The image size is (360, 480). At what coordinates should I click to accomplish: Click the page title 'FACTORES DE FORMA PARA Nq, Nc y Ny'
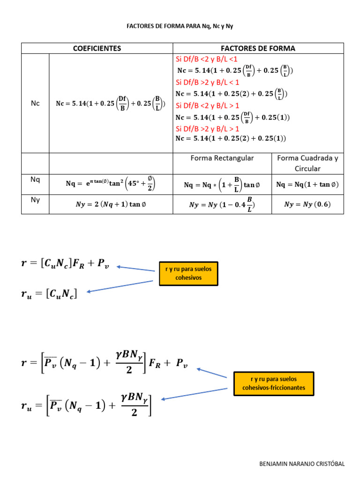pos(180,26)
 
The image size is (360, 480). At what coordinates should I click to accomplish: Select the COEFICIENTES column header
pos(97,48)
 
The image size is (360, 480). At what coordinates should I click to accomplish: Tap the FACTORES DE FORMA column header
pos(258,48)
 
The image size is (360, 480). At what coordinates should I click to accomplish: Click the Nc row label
pos(35,103)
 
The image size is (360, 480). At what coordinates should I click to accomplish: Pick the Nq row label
pos(35,179)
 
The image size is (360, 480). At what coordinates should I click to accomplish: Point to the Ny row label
pos(35,200)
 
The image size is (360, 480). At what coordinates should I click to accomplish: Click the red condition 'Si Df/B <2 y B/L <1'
pos(207,59)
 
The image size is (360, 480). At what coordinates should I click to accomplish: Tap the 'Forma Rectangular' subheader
pos(222,158)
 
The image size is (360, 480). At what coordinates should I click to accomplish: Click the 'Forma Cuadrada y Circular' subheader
pos(307,163)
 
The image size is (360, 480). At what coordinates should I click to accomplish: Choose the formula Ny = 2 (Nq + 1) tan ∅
pos(111,204)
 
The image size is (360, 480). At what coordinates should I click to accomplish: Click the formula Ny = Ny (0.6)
pos(307,204)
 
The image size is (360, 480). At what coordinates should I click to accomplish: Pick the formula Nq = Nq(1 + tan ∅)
pos(307,185)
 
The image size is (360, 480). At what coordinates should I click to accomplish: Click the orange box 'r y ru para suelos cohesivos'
pos(188,274)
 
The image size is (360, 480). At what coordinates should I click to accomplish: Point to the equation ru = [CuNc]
pos(49,293)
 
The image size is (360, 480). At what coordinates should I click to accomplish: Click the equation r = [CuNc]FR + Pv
pos(68,264)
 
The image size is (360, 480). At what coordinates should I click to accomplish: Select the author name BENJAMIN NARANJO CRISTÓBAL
pos(302,464)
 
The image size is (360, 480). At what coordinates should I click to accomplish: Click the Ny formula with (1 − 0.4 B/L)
pos(223,204)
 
